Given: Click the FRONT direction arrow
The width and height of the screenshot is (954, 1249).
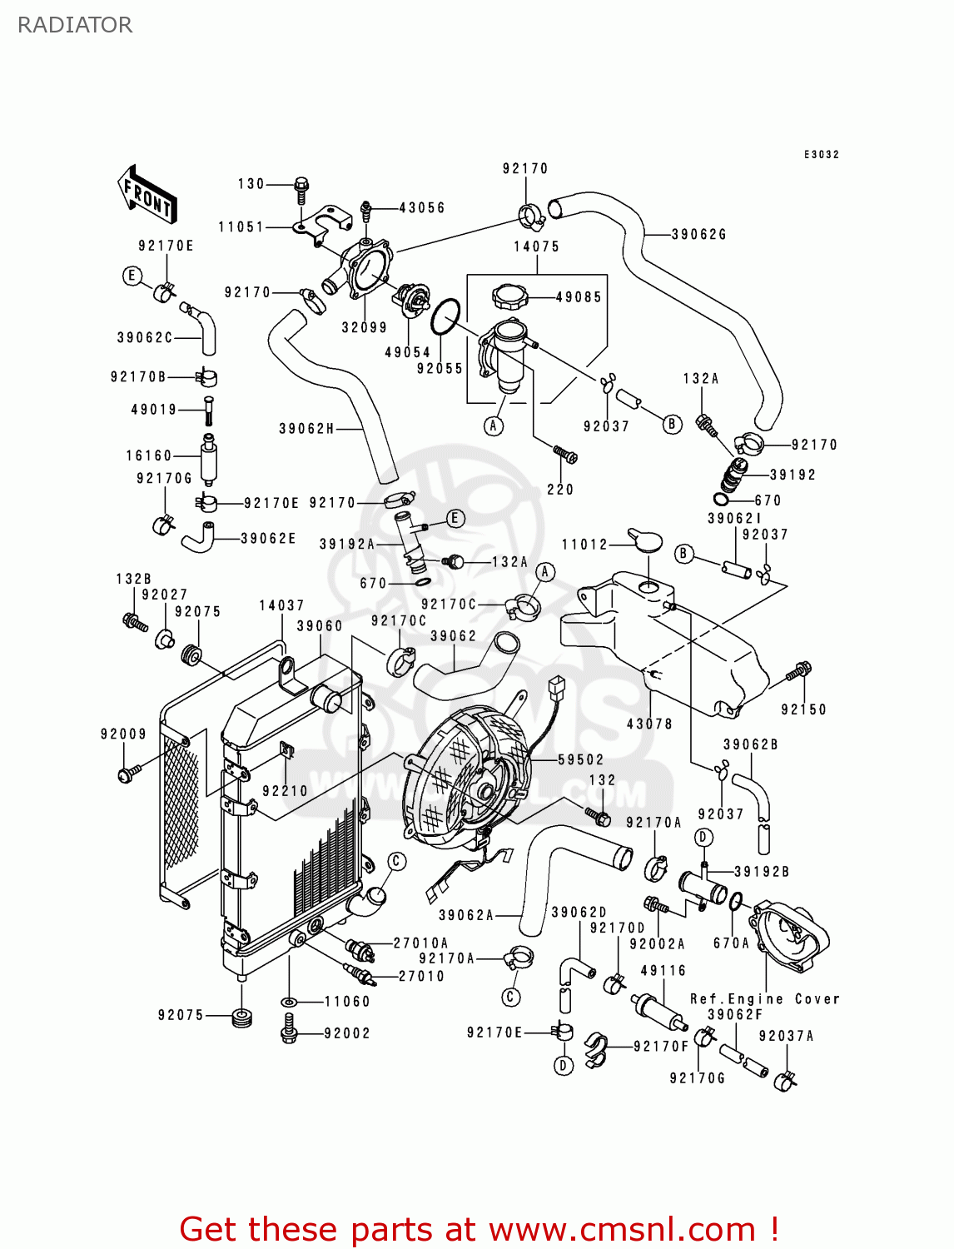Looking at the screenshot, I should (x=147, y=194).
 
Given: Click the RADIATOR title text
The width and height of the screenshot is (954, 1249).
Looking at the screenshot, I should (x=75, y=25).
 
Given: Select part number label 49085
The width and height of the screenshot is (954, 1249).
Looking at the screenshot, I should (x=578, y=296).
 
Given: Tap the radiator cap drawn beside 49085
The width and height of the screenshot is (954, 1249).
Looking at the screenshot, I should (x=511, y=296).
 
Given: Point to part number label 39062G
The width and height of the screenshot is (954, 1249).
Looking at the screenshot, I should (x=699, y=234).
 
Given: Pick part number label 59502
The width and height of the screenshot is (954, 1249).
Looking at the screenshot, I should (x=581, y=759).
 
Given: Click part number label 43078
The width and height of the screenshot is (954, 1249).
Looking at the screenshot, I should (x=649, y=724).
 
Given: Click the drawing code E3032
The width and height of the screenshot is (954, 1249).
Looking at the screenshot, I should (x=821, y=155).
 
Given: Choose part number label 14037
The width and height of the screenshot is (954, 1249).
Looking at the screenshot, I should (x=281, y=605).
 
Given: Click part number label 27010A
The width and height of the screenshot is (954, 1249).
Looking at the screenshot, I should (x=420, y=943).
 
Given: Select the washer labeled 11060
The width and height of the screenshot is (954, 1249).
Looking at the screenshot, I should (x=290, y=1002).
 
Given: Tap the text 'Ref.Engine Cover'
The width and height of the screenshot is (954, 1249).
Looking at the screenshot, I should (x=764, y=998).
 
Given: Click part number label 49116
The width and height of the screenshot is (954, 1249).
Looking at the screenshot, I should (x=663, y=970).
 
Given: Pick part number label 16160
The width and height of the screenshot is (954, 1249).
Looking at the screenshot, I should (x=149, y=455).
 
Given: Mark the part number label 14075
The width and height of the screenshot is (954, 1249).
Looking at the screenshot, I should (x=537, y=246).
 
